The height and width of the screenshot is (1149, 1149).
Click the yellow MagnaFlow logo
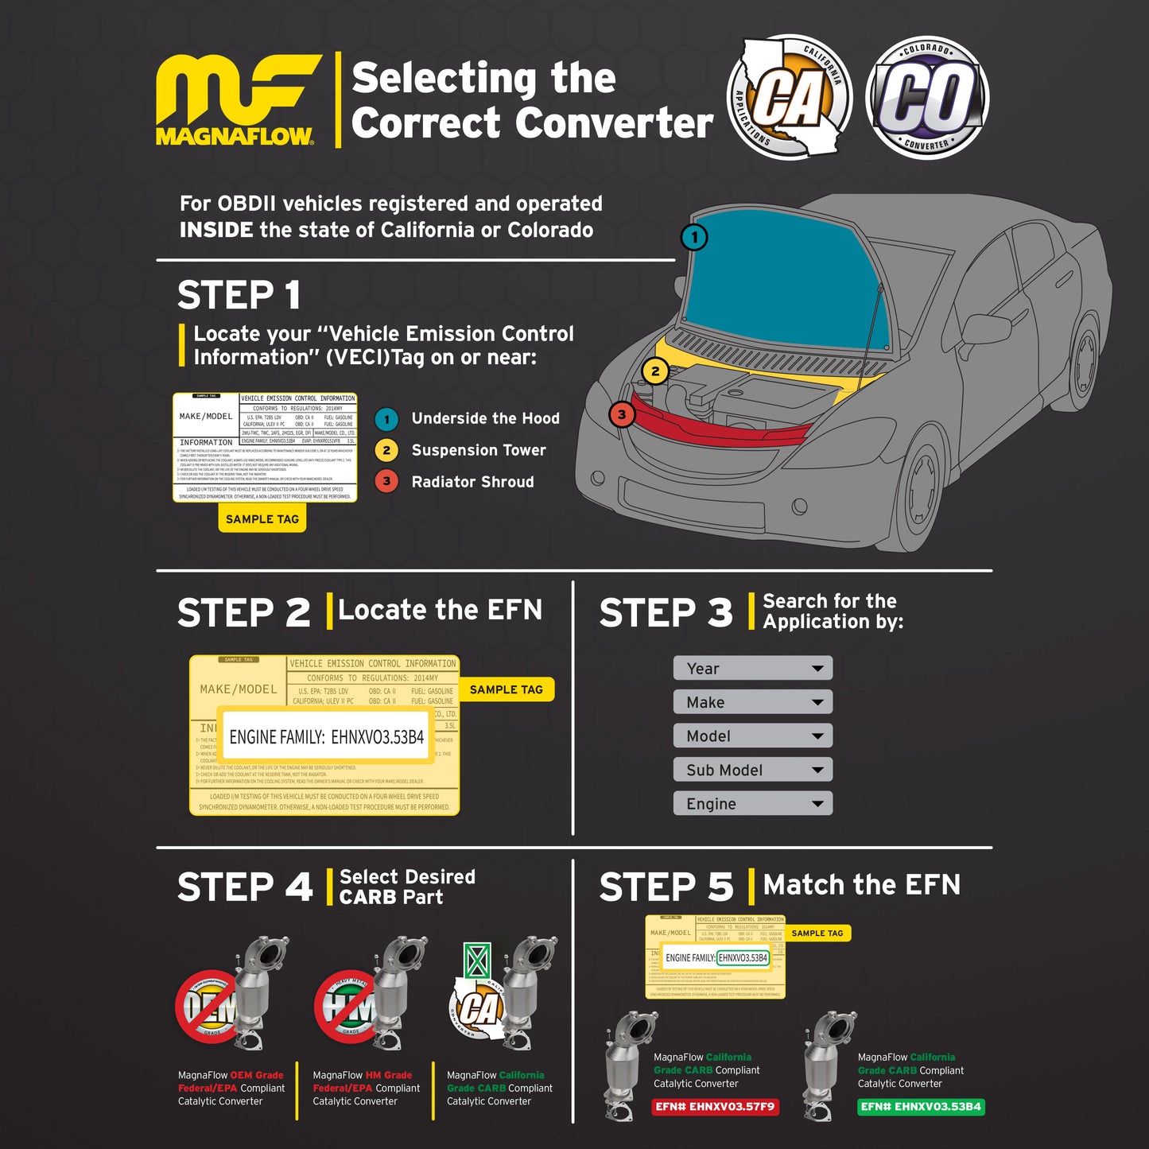237,99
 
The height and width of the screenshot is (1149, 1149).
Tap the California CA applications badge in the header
789,97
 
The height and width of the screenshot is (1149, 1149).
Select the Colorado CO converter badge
927,97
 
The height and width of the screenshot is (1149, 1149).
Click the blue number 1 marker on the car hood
694,237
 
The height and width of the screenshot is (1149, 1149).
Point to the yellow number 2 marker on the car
655,371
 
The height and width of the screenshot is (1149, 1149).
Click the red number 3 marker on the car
622,414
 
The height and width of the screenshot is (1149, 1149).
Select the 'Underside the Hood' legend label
485,418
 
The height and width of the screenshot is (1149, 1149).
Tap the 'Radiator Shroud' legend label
472,482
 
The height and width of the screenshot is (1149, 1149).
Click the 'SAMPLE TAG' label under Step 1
262,519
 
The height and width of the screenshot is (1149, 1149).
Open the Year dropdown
752,669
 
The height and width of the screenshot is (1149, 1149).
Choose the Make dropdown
752,702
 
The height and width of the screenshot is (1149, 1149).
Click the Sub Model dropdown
752,770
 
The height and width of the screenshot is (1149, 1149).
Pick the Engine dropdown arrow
817,804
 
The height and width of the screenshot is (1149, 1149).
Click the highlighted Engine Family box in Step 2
327,737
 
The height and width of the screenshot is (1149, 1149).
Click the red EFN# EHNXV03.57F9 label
715,1107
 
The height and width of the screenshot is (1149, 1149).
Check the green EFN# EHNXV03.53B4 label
921,1107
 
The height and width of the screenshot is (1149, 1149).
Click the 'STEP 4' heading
245,887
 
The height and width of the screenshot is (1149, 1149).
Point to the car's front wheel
923,487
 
